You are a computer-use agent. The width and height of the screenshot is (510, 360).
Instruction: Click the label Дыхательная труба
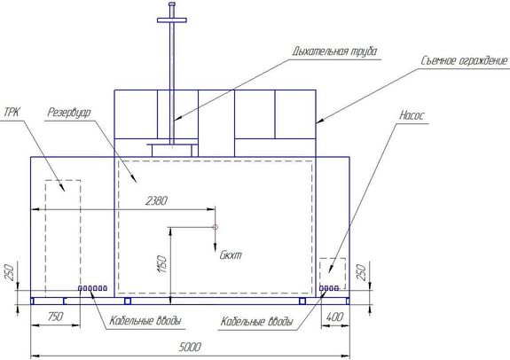coord(335,51)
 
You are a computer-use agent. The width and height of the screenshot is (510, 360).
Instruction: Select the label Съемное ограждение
coord(464,60)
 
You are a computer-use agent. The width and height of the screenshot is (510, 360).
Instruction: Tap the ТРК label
coord(12,113)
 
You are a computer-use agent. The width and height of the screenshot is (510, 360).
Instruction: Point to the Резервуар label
coord(69,113)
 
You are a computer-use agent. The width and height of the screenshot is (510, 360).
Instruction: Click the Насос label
coord(412,115)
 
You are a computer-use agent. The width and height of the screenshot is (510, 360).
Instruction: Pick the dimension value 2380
coord(156,200)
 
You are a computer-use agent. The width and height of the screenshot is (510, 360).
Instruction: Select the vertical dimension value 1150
coord(162,264)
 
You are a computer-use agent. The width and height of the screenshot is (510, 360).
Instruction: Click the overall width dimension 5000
coord(190,347)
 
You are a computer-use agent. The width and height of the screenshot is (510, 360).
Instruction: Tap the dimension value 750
coord(55,317)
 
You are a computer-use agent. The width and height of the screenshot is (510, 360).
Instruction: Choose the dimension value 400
coord(334,317)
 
